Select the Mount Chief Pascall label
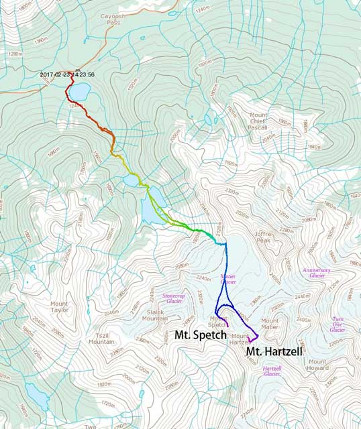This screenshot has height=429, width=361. click(x=258, y=121)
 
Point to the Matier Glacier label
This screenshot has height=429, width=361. click(x=228, y=280)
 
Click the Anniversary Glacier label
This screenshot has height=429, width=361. click(x=317, y=273)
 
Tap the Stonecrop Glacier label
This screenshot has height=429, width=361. click(x=174, y=298)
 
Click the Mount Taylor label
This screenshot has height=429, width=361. click(x=60, y=308)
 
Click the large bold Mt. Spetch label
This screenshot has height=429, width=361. click(x=200, y=334)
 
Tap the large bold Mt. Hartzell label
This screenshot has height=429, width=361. click(x=272, y=352)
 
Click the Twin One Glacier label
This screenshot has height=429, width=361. click(x=338, y=324)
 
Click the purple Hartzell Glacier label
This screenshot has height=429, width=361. click(x=272, y=371)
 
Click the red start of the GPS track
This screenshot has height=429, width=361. click(x=71, y=75)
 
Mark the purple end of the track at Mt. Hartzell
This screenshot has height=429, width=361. click(x=258, y=334)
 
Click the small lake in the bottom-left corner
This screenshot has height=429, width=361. click(x=38, y=402)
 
